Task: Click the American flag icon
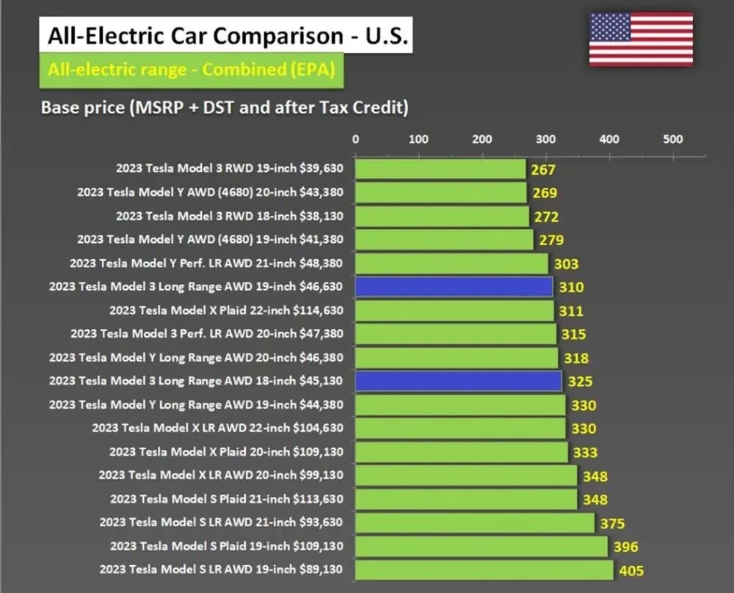click(x=641, y=38)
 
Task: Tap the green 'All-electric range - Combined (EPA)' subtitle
click(x=192, y=70)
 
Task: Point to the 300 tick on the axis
click(x=545, y=139)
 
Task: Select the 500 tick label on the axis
click(x=672, y=139)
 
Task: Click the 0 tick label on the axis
click(x=356, y=139)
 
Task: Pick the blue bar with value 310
click(x=454, y=287)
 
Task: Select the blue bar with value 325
click(x=458, y=381)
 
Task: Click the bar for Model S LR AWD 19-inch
click(x=484, y=570)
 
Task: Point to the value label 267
click(x=544, y=170)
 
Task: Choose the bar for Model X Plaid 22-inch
click(x=454, y=310)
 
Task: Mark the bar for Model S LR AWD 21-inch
click(x=474, y=523)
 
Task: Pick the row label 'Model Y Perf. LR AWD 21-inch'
click(x=206, y=263)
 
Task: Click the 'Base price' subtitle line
click(x=225, y=107)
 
